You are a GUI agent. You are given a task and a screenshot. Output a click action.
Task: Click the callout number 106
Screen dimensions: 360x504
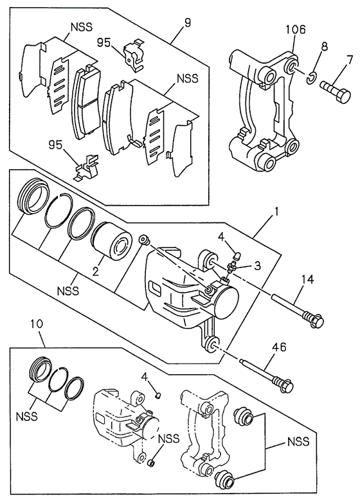coord(296,30)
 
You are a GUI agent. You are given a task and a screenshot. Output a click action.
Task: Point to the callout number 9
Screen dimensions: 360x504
coord(188,22)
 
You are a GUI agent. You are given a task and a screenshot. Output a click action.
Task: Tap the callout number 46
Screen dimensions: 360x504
coord(279,347)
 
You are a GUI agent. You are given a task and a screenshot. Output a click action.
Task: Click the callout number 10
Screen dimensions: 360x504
coord(37,324)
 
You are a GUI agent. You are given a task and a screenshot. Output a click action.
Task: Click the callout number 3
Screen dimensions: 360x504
coord(257,265)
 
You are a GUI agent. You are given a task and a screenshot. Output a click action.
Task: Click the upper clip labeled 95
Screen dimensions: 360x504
coord(134,55)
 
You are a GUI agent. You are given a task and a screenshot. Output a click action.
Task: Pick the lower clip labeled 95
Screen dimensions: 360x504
coord(87,167)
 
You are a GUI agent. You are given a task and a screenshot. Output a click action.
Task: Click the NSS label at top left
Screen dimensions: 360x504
coord(81,27)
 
